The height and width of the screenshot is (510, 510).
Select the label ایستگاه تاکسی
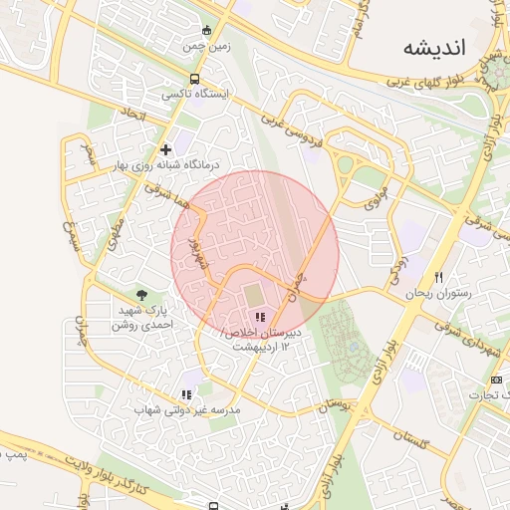tap(194, 95)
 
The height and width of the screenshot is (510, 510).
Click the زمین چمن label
tap(206, 46)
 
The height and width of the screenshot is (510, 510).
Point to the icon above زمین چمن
tap(206, 31)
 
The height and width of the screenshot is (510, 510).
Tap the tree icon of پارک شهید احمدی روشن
tap(143, 295)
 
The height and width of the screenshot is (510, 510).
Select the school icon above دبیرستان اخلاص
tap(260, 318)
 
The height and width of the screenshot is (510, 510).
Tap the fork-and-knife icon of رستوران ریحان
tap(437, 277)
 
